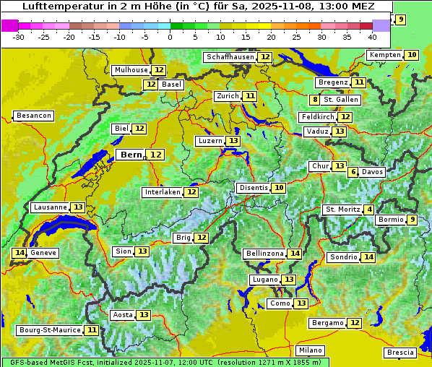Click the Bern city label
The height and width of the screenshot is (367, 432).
131,155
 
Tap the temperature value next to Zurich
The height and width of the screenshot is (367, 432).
250,96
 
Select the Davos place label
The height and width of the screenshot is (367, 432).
373,173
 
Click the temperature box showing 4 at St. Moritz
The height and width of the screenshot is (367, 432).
369,210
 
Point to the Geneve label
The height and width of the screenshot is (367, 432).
43,253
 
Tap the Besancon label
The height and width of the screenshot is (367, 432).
33,116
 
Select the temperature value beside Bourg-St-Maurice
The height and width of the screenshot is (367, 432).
92,330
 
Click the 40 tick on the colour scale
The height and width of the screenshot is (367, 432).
373,37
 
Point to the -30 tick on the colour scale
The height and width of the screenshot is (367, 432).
19,37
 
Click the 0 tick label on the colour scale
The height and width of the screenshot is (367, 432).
170,37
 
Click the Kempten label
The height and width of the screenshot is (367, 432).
385,55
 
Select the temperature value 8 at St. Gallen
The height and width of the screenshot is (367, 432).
315,100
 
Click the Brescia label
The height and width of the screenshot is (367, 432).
400,353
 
